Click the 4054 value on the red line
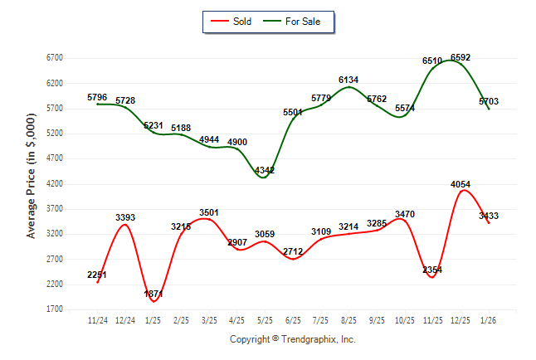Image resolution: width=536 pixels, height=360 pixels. click(460, 185)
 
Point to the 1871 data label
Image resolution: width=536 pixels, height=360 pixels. click(153, 294)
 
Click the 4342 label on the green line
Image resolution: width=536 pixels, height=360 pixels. click(265, 171)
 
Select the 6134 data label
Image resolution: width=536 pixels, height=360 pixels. click(348, 80)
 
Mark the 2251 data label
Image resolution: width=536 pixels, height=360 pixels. click(97, 275)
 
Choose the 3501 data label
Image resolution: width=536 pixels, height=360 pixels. click(209, 213)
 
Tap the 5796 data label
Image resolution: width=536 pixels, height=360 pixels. click(97, 98)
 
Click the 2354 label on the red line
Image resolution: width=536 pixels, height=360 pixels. click(432, 270)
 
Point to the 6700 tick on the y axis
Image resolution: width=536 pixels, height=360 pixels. click(55, 57)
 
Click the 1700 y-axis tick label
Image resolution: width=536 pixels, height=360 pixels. click(55, 309)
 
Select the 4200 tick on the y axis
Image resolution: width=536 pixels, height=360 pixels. click(55, 183)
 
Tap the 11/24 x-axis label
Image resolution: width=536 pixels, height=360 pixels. click(98, 320)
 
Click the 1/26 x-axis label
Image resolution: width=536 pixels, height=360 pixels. click(489, 320)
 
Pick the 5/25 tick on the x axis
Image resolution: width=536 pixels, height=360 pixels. click(265, 320)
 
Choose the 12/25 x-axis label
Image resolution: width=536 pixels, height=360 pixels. click(460, 320)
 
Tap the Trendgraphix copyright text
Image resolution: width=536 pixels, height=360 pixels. click(292, 339)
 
